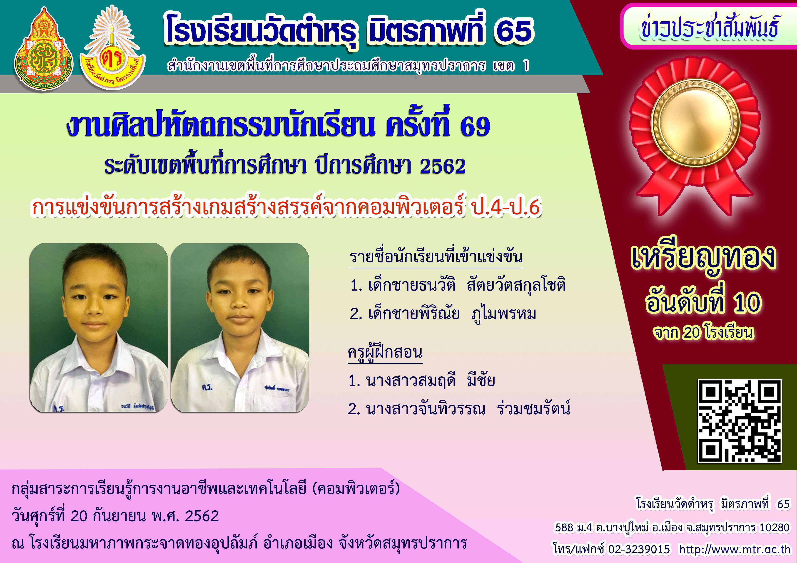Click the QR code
[740, 421]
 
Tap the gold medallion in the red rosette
[695, 123]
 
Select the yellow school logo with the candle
[112, 47]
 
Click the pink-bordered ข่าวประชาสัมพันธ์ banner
[708, 26]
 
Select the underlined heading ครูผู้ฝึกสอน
[385, 352]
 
